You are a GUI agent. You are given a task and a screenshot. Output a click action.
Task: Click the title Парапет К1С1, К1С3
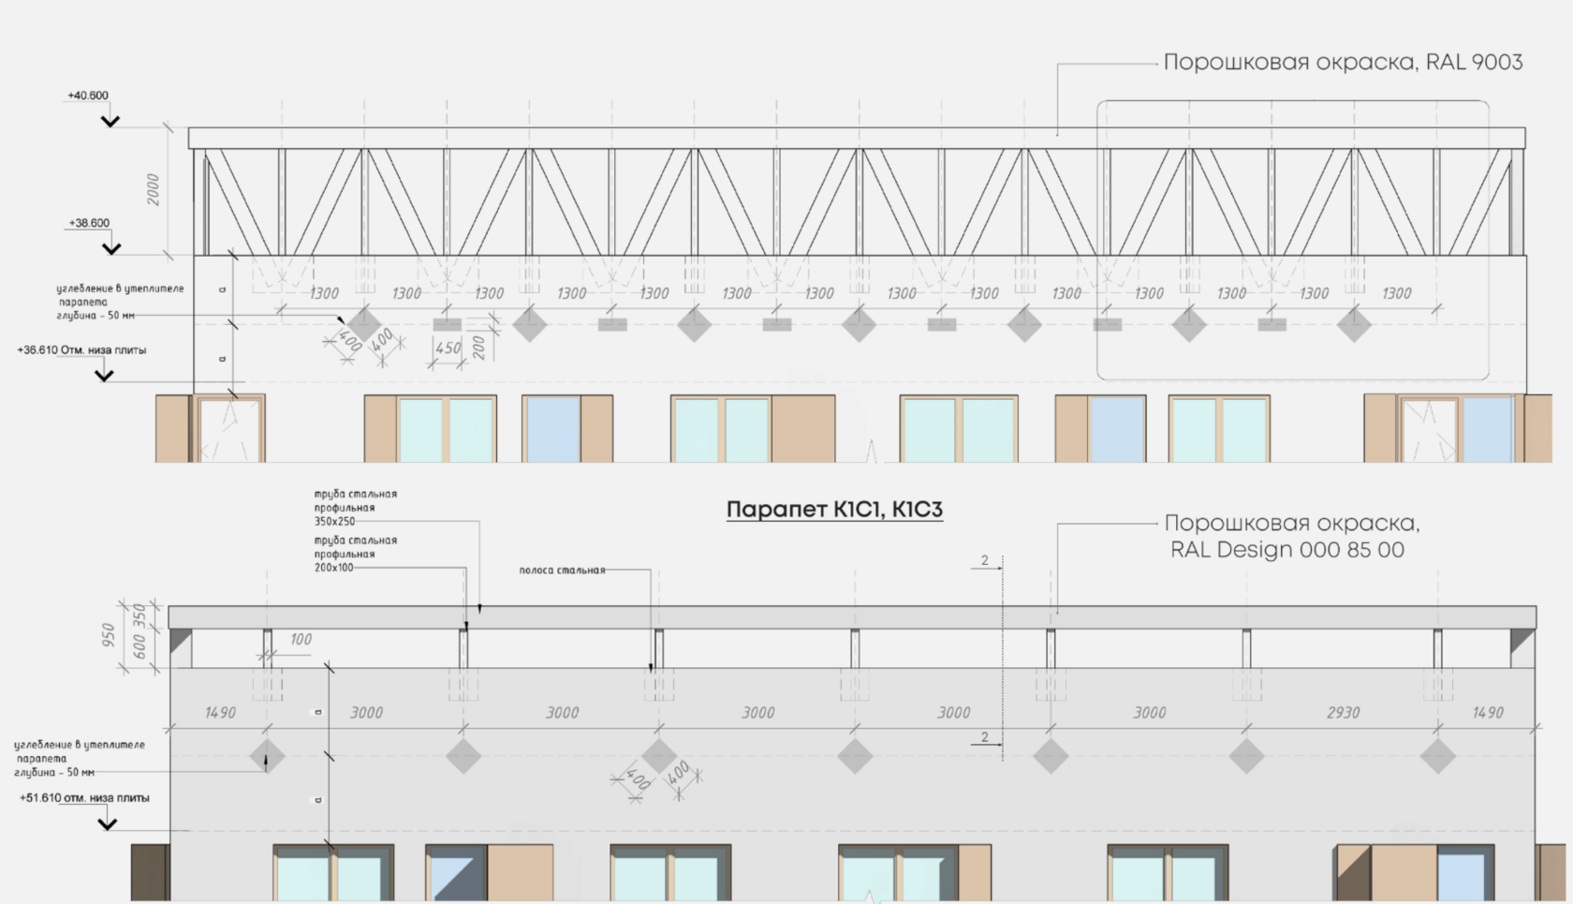coord(834,510)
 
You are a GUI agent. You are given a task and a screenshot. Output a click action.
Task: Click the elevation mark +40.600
coord(88,96)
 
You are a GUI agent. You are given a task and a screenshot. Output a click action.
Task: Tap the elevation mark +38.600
coord(89,223)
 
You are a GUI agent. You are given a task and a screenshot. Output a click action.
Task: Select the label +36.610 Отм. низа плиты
coord(81,350)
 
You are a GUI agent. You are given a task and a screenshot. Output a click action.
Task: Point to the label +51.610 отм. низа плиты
coord(84,798)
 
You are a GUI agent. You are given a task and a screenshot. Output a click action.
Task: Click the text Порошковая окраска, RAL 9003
coord(1343,62)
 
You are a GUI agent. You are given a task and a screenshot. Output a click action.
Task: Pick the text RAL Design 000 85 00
coord(1286,550)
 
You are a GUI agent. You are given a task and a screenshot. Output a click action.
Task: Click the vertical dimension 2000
coord(153,190)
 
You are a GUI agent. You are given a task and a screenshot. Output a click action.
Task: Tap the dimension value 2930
coord(1343,713)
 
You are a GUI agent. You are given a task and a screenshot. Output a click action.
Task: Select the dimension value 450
coord(448,348)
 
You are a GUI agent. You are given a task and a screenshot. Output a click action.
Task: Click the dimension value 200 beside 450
coord(479,348)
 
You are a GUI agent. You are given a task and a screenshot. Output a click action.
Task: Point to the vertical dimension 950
coord(109,635)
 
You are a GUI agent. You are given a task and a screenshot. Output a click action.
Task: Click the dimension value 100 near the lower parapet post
coord(301,640)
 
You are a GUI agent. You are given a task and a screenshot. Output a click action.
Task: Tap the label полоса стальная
coord(562,571)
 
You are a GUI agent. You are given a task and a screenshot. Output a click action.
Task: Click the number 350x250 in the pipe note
coord(334,522)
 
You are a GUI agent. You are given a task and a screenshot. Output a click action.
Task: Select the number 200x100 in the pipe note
coord(334,568)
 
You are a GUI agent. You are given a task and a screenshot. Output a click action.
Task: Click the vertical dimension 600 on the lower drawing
coord(140,646)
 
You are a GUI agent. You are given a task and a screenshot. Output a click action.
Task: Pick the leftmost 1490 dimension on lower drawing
coord(220,713)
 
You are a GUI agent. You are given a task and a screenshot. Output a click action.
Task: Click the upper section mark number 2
coord(984,561)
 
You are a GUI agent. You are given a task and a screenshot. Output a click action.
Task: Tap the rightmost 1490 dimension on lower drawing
coord(1488,713)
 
